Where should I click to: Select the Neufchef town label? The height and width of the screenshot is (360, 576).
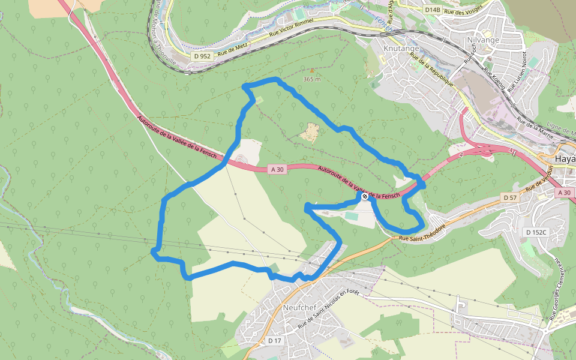tap(299, 307)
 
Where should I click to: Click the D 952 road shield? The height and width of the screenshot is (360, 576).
tap(202, 56)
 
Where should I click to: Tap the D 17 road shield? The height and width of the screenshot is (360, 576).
tap(274, 341)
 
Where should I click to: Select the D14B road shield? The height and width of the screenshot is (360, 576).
tap(432, 10)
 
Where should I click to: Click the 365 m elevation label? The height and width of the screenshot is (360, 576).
tap(312, 79)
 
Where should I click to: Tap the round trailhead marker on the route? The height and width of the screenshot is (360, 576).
tap(365, 196)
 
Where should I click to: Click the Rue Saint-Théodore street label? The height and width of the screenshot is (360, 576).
tap(419, 233)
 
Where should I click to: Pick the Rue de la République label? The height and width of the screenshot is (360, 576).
tap(431, 68)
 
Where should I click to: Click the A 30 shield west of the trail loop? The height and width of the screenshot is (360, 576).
tap(277, 170)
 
